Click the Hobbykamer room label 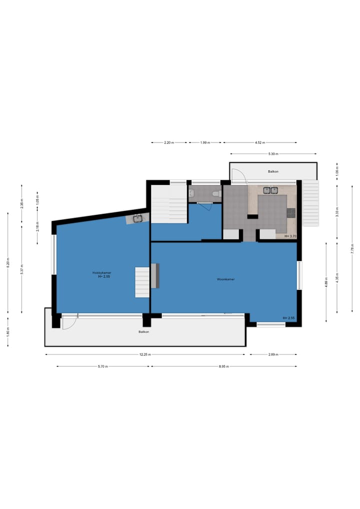[x=101, y=272]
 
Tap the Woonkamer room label [x=226, y=279]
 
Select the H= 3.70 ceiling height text [x=290, y=236]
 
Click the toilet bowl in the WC [x=215, y=193]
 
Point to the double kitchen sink [x=270, y=190]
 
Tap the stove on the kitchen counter [x=291, y=212]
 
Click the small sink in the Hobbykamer [x=137, y=218]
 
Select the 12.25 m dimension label [x=145, y=354]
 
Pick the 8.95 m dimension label [x=223, y=366]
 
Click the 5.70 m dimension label [x=103, y=366]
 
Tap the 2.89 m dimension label [x=273, y=354]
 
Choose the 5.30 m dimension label [x=273, y=154]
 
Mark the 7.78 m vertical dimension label [x=352, y=251]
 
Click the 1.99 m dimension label [x=204, y=142]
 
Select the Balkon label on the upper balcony [x=273, y=171]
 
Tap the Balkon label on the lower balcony [x=144, y=331]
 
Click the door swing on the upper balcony [x=238, y=175]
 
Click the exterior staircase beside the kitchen [x=310, y=202]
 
